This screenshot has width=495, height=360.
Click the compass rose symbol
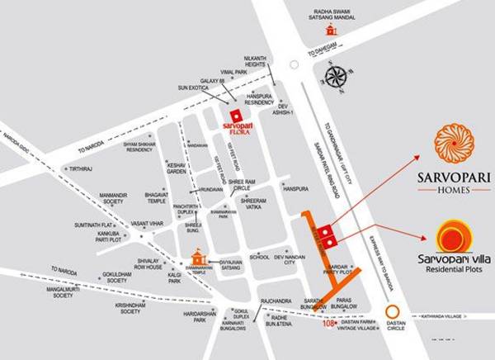point(336,77)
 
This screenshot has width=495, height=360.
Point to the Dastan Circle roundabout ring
point(394,315)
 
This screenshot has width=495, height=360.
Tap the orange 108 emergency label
point(331,323)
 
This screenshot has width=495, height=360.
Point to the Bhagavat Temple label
point(157,197)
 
